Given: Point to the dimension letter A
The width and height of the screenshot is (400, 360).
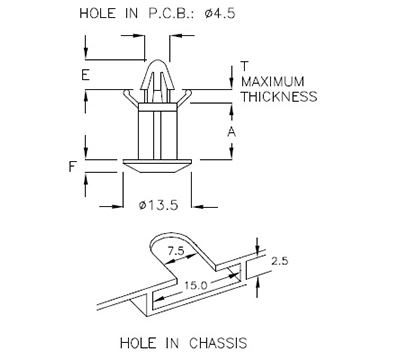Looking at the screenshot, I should click(x=231, y=131).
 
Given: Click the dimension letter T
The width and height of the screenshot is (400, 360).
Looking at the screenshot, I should click(x=244, y=66).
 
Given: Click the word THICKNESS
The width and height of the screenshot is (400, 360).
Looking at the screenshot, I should click(x=279, y=97).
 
